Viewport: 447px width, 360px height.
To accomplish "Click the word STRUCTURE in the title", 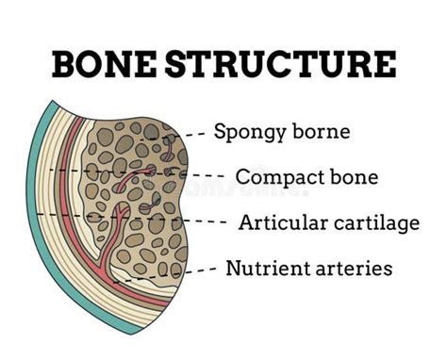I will click(282, 64).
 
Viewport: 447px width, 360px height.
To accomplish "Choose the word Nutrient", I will click(265, 268).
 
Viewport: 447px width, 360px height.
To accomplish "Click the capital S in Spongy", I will click(220, 131).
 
